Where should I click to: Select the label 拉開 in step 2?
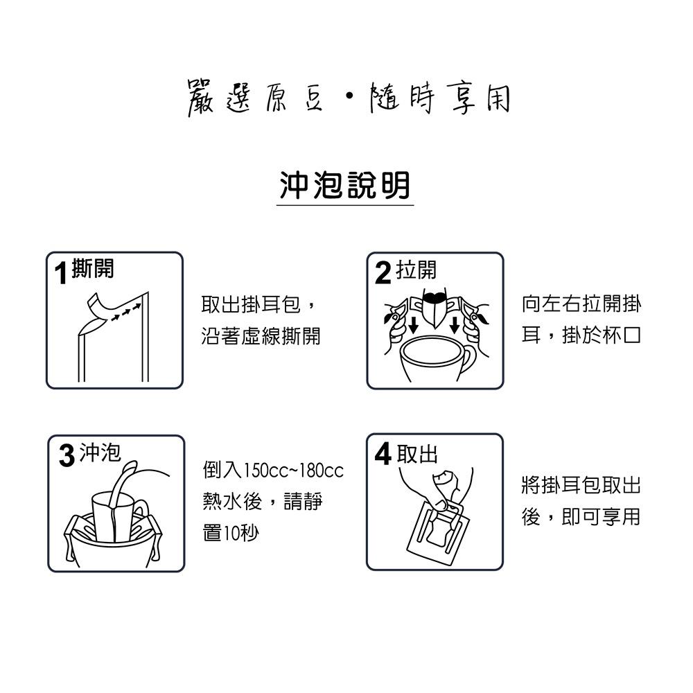tap(416, 269)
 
